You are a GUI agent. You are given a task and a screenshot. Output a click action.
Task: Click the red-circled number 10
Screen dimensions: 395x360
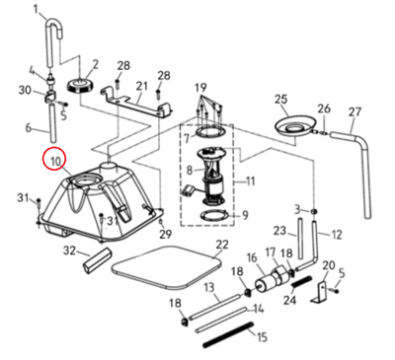(x=54, y=161)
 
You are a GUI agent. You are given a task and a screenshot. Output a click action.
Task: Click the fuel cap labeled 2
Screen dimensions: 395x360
(x=81, y=86)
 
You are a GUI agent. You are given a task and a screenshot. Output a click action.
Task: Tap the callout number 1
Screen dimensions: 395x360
(x=37, y=10)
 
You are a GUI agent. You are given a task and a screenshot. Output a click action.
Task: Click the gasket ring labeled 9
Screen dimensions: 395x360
(x=214, y=216)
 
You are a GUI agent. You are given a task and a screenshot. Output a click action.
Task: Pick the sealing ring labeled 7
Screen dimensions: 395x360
(x=210, y=132)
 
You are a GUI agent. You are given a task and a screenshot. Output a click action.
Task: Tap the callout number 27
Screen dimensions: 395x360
(x=355, y=112)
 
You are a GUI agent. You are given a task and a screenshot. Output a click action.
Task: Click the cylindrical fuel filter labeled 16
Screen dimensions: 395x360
(x=266, y=283)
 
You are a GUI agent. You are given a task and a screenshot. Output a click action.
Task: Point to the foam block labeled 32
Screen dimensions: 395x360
(x=98, y=259)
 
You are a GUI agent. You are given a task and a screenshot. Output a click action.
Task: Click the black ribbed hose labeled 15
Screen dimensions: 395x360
(x=229, y=334)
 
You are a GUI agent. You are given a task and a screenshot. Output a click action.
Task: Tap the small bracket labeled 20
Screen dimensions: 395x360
(x=322, y=292)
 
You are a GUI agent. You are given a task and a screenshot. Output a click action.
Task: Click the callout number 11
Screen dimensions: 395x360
(x=251, y=181)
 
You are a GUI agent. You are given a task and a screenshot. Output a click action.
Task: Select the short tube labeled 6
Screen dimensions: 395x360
(x=53, y=121)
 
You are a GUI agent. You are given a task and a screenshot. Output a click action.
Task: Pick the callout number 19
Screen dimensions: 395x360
(x=200, y=88)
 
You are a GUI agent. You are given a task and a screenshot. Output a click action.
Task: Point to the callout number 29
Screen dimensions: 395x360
(x=166, y=234)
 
